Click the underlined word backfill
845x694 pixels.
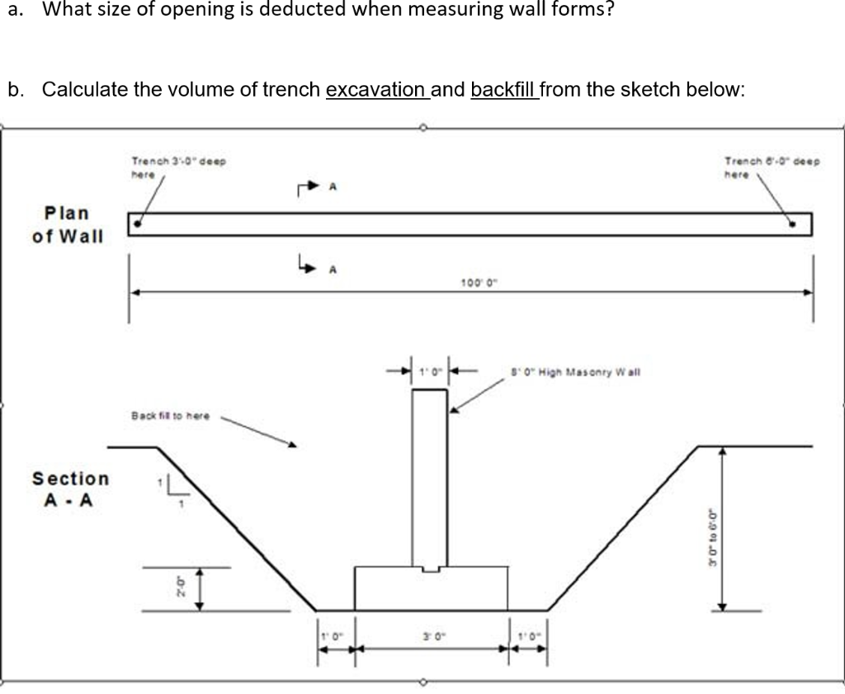click(503, 89)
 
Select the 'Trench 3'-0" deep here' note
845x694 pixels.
click(178, 168)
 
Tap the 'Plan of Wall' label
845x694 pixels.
click(68, 224)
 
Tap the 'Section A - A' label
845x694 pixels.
click(70, 489)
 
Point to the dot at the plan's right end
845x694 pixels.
click(793, 223)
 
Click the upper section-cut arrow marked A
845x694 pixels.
click(311, 189)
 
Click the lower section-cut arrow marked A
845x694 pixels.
click(311, 266)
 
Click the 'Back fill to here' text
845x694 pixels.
click(171, 416)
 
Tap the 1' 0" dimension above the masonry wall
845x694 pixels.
click(429, 372)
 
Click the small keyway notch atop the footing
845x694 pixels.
click(430, 569)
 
